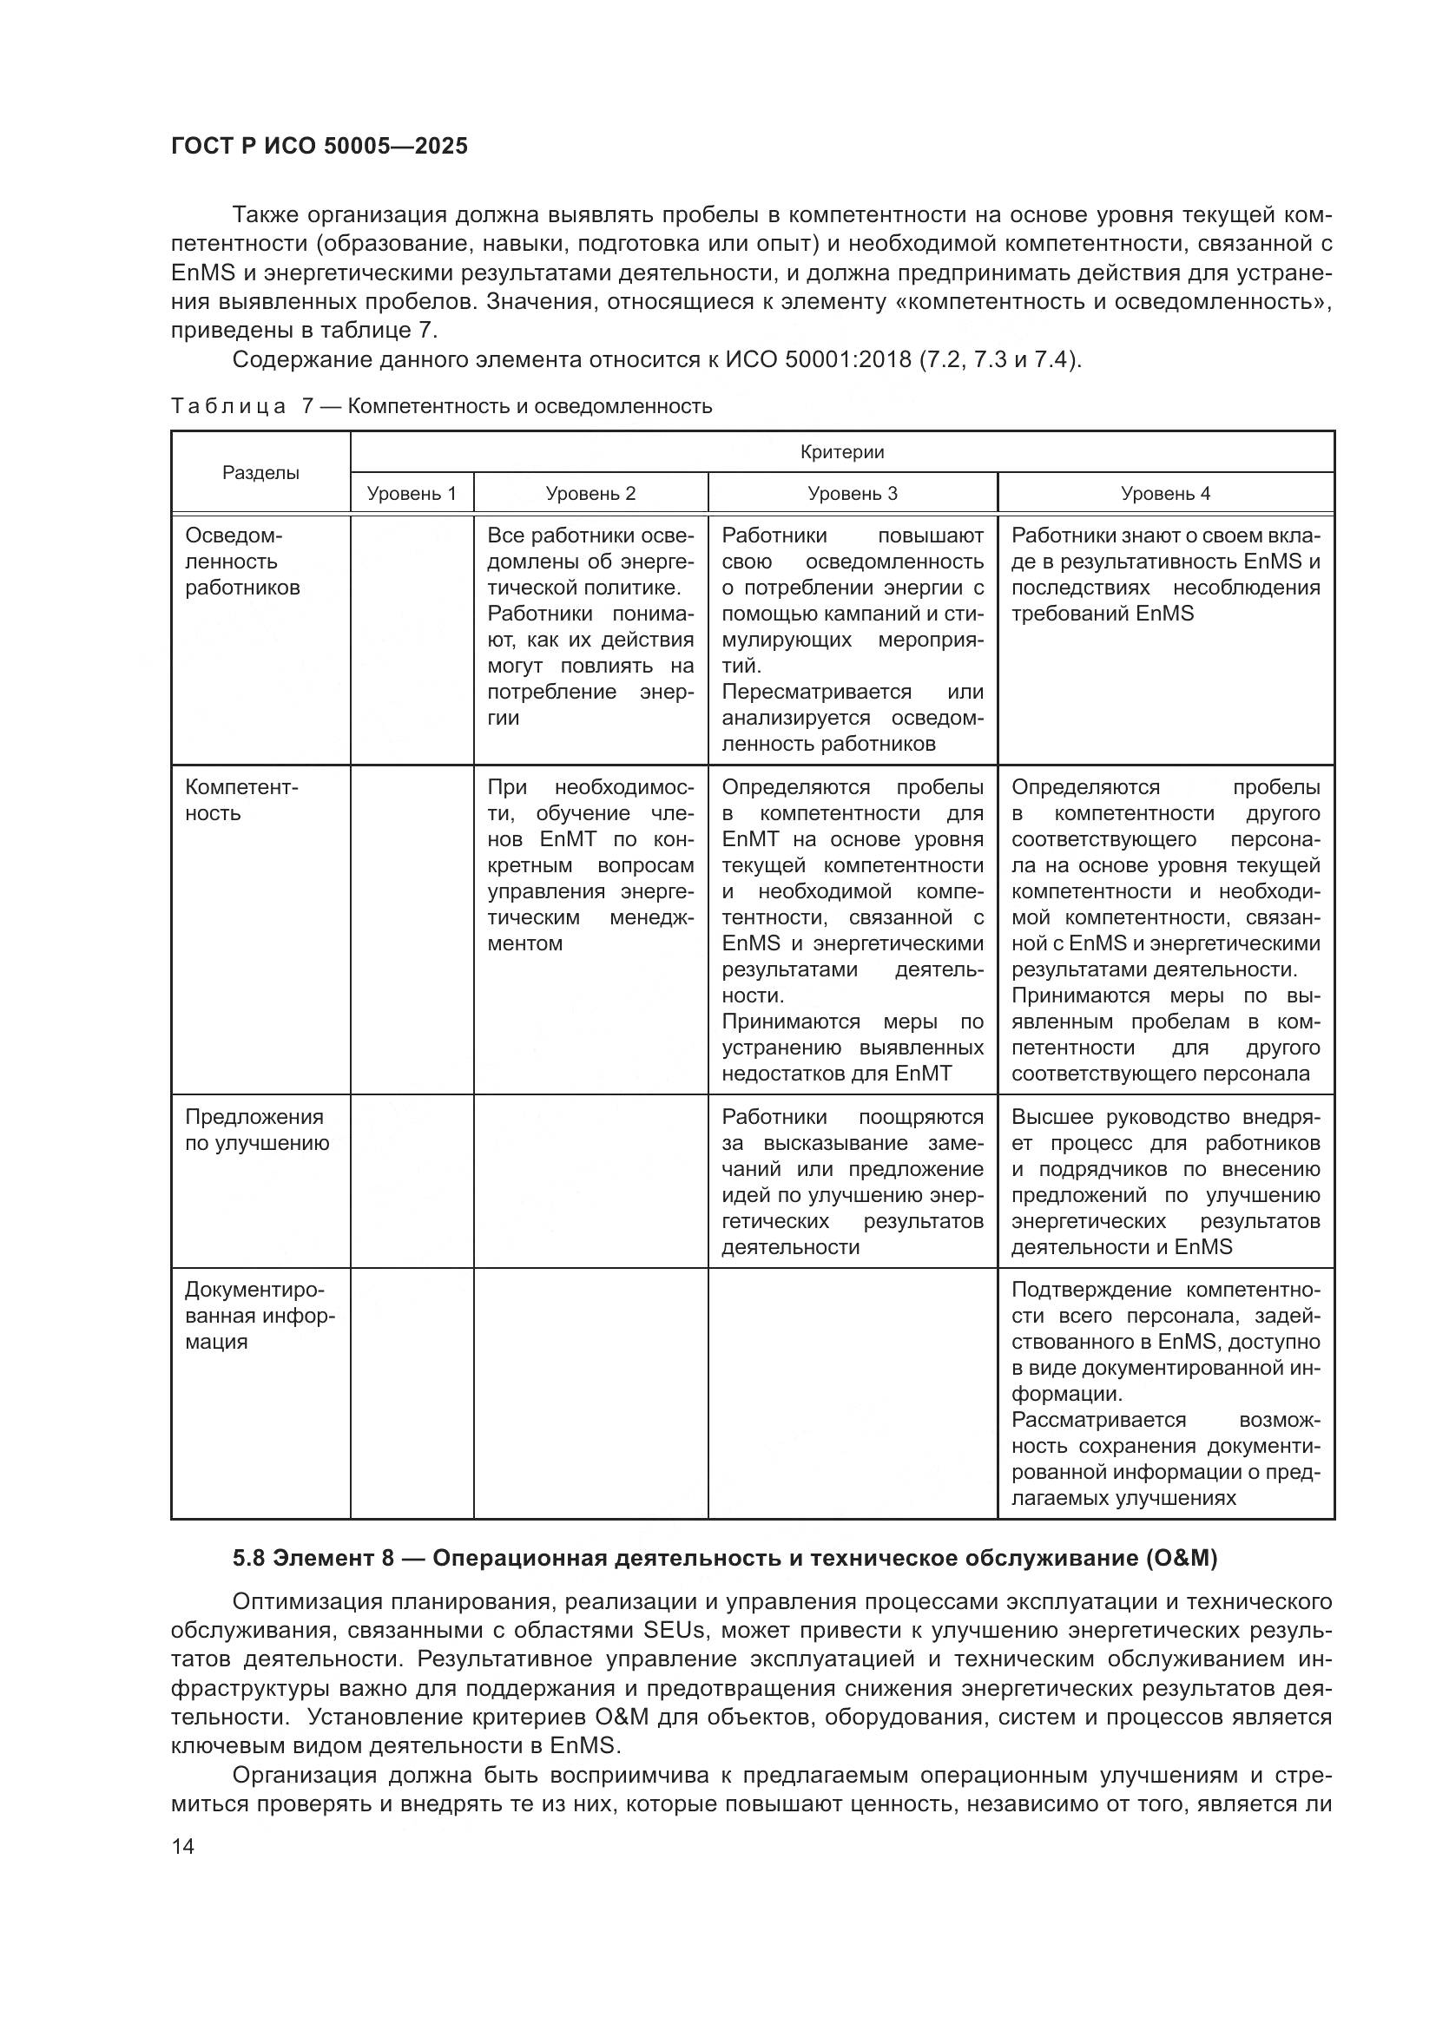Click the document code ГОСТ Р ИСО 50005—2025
319,146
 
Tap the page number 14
183,1846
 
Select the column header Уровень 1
412,493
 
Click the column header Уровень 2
590,493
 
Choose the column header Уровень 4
1164,493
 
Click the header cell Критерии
841,453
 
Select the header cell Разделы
260,473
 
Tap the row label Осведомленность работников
241,562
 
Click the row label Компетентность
240,800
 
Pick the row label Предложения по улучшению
255,1130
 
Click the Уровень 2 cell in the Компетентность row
590,865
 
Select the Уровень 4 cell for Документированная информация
1164,1395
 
